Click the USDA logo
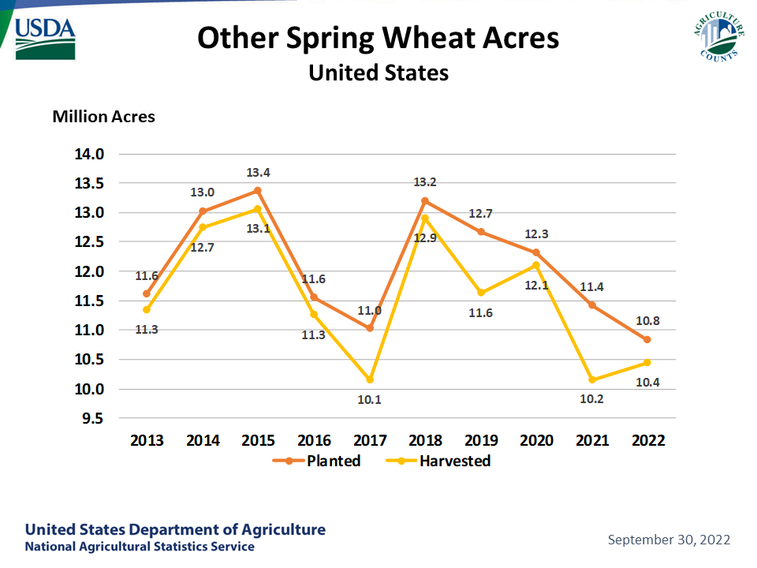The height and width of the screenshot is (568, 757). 46,39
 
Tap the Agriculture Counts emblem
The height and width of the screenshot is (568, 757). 719,37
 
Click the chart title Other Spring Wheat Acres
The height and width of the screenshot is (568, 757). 378,38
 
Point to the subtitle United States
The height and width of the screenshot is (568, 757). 378,73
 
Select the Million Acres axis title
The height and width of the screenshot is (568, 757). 104,117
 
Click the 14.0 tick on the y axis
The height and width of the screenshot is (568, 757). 89,154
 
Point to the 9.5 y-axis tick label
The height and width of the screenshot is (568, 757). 93,418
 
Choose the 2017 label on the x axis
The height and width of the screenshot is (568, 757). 370,440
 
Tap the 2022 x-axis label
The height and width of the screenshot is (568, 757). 648,440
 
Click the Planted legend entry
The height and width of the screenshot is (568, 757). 317,461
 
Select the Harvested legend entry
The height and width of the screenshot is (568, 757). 438,461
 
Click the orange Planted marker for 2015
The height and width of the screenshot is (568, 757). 258,191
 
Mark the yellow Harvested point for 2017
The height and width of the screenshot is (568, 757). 370,379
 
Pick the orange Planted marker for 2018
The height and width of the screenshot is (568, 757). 425,201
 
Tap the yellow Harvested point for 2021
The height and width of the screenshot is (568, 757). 592,379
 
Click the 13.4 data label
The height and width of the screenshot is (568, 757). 259,173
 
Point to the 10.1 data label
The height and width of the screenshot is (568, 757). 369,400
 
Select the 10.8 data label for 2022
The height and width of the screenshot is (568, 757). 647,321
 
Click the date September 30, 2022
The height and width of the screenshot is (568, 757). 669,540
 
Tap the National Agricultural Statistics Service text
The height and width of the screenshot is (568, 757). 140,547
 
